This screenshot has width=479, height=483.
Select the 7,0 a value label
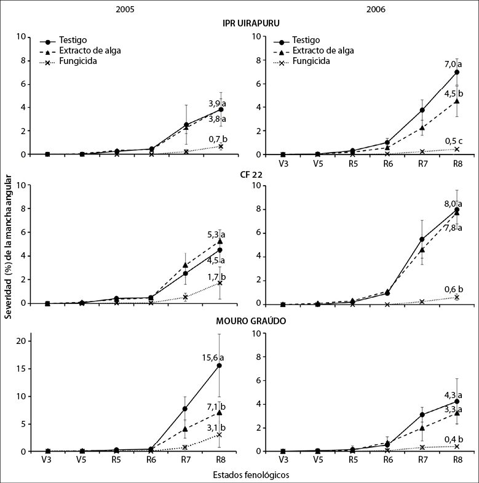453,63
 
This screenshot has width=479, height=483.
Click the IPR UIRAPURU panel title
251,23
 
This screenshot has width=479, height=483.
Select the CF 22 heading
251,174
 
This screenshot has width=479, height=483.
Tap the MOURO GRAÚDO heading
251,321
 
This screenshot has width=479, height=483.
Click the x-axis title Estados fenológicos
251,475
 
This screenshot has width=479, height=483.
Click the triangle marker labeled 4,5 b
457,101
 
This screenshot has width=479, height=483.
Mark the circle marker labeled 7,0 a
457,72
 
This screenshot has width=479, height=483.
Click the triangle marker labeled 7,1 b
220,412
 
